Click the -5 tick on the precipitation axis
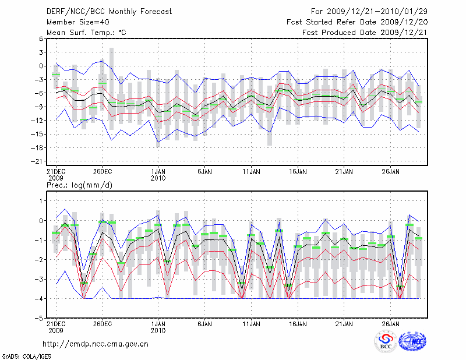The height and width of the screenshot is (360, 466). point(39,319)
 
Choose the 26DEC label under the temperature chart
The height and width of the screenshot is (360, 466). point(102,172)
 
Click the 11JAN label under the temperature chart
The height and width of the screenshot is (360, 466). point(251,172)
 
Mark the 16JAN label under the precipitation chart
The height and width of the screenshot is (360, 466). point(298,324)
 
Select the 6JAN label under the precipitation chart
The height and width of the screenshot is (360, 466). point(204,324)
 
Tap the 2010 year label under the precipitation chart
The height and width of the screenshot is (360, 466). point(158,330)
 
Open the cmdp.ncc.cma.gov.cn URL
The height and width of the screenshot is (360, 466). point(96,344)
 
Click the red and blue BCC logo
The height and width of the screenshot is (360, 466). point(386,342)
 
